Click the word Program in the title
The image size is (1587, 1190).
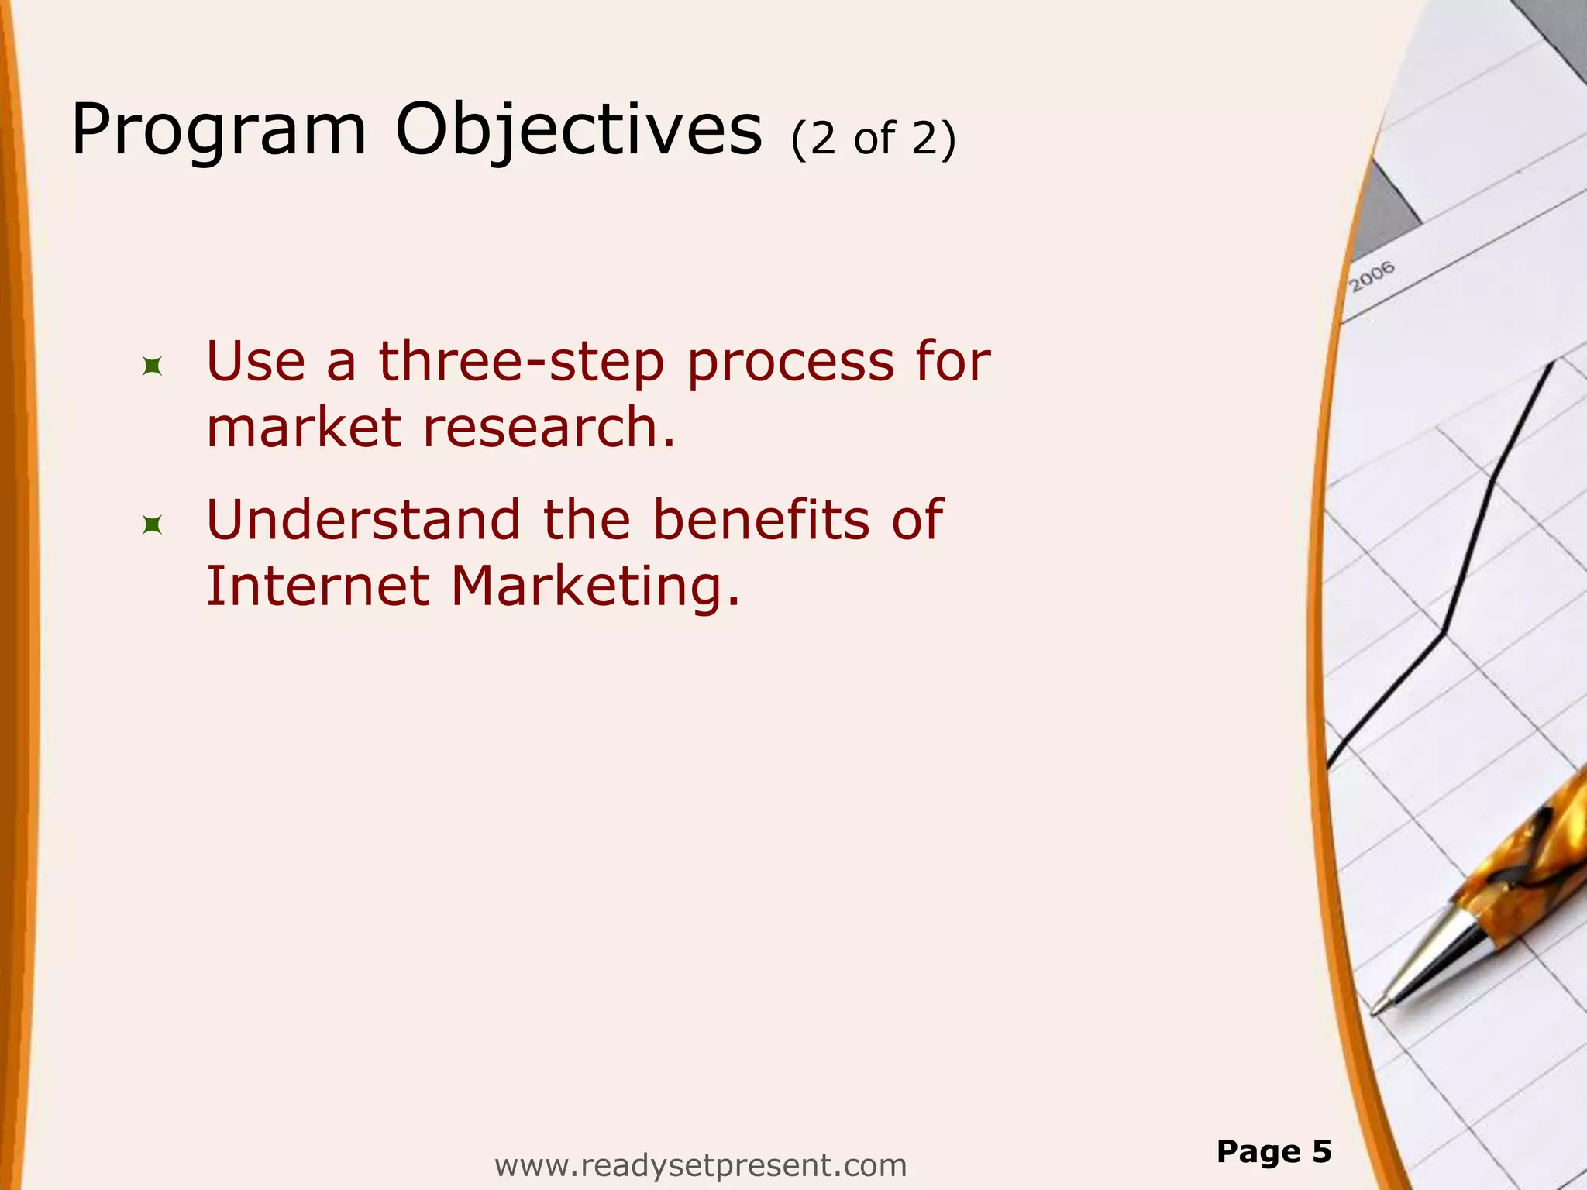(x=218, y=132)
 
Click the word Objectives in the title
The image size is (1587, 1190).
(x=578, y=132)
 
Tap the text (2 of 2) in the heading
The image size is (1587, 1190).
(x=873, y=139)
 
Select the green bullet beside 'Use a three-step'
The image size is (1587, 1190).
(x=152, y=366)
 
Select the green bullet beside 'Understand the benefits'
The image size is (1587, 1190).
(x=152, y=526)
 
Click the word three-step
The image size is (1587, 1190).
(x=521, y=362)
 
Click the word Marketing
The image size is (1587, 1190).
(x=595, y=587)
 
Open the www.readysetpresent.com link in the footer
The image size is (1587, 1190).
(x=700, y=1165)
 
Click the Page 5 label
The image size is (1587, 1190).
(x=1273, y=1151)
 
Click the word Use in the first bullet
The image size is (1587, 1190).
(x=255, y=362)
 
